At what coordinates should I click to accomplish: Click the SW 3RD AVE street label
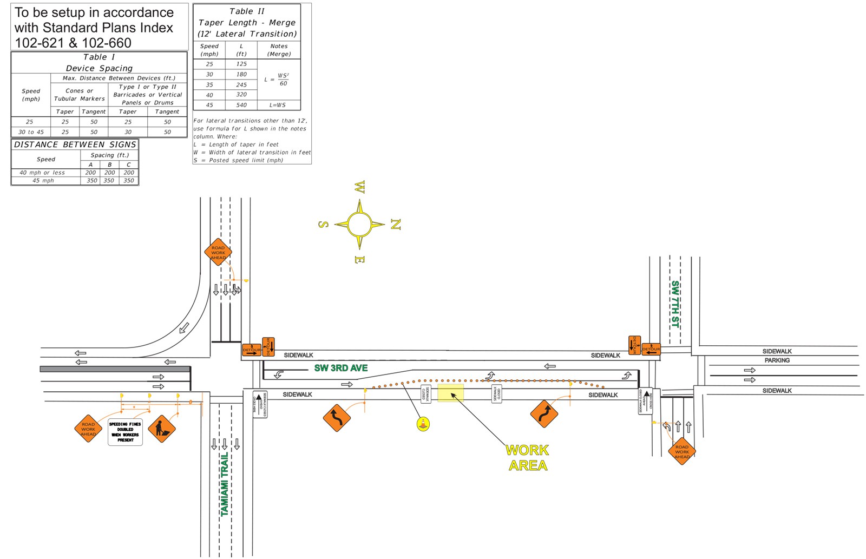coord(341,368)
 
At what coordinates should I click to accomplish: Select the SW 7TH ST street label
coord(675,304)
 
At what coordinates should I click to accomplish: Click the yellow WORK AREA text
coord(527,458)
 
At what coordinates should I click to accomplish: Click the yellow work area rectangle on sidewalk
coord(450,393)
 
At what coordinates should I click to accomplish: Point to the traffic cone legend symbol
coord(423,424)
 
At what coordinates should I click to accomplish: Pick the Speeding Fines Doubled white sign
coord(125,432)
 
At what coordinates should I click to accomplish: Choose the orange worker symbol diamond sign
coord(162,429)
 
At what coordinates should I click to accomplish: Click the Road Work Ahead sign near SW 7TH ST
coord(681,451)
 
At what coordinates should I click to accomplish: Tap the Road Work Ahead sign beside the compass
coord(218,252)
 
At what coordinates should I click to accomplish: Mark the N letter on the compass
coord(396,225)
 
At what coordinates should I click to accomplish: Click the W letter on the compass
coord(359,187)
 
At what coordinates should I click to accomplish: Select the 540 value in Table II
coord(241,105)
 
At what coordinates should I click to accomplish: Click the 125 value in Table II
coord(241,64)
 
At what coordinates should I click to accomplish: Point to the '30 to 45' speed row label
coord(31,132)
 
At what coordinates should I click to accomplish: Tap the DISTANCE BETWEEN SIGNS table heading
coord(75,144)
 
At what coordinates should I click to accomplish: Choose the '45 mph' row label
coord(43,181)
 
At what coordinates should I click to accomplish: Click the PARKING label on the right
coord(777,360)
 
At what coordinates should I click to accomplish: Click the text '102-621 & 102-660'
coord(73,43)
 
